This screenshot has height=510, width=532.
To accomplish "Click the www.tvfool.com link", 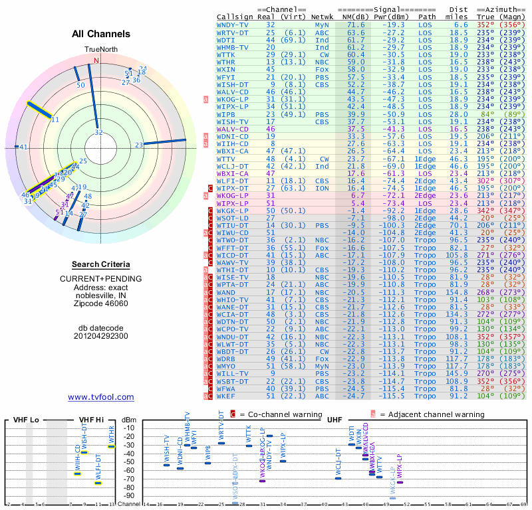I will coord(101,397).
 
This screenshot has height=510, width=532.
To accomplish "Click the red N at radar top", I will coord(96,60).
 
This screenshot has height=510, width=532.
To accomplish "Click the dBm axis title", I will coord(128,420).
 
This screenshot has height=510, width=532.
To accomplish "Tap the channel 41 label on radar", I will coord(24,147).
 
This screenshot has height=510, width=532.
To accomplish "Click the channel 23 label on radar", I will coord(139,145).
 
